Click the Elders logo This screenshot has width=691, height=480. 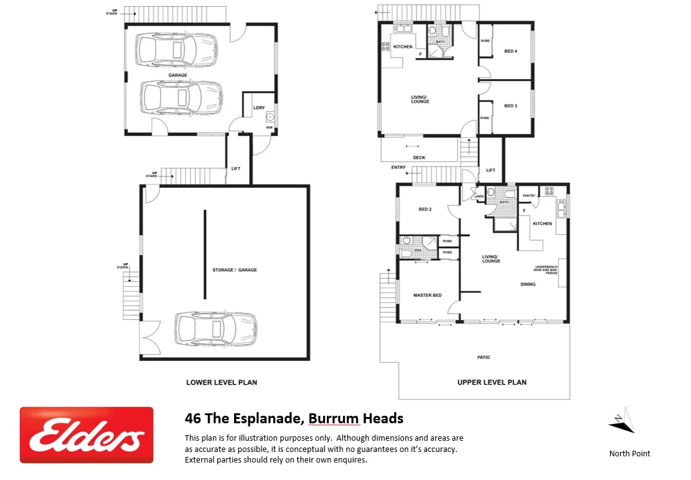pos(87,435)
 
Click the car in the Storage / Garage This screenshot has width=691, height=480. pos(215,329)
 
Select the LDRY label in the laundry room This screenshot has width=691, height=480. pos(259,107)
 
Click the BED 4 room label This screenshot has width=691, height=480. pos(510,51)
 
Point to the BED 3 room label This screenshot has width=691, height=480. pos(510,106)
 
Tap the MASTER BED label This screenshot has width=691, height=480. pos(428,295)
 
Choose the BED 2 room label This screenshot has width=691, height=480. pos(425,209)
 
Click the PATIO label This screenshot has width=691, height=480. pos(484,357)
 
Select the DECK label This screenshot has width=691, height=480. pos(419,158)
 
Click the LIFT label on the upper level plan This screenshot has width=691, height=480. pos(491,170)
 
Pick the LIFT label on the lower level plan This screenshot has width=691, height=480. pos(236,169)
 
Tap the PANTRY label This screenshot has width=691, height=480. pos(529,196)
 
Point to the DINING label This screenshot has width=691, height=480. pos(528,284)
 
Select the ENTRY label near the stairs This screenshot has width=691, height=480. pos(398,167)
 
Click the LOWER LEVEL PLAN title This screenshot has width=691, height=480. pos(222,382)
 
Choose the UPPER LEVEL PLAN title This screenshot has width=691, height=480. pos(492,382)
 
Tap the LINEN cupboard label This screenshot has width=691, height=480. pos(479,197)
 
